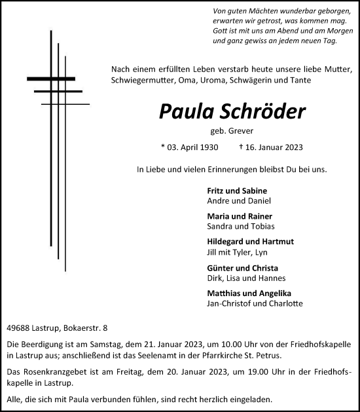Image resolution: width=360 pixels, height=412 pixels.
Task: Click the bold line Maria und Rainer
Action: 230,216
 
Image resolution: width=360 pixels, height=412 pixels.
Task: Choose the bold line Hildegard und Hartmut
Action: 240,242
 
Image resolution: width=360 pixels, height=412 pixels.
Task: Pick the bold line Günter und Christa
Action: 233,268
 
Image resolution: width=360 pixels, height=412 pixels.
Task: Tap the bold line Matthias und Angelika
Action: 240,293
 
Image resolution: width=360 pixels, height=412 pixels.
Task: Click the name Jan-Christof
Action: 226,304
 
